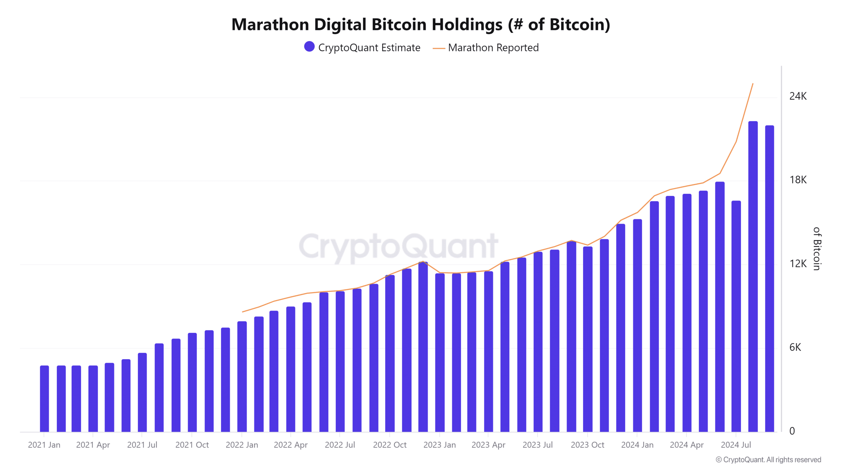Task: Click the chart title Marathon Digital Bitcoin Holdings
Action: (421, 25)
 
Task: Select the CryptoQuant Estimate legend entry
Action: (362, 47)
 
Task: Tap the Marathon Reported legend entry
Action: (486, 48)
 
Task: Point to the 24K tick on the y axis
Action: (798, 96)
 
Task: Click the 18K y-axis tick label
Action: (798, 180)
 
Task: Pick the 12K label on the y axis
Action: (798, 264)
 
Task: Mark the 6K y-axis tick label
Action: (795, 347)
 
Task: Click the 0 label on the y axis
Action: (792, 431)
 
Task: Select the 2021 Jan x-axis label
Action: (44, 445)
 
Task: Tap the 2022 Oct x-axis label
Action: (390, 445)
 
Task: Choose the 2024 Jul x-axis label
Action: (736, 445)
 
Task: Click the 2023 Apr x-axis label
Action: (488, 445)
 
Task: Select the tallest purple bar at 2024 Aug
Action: (753, 276)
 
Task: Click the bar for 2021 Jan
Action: (44, 398)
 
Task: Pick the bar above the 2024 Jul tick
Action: (736, 316)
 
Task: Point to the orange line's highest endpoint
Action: (753, 84)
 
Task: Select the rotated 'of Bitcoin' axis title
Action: (817, 249)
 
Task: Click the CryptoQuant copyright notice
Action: (768, 460)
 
